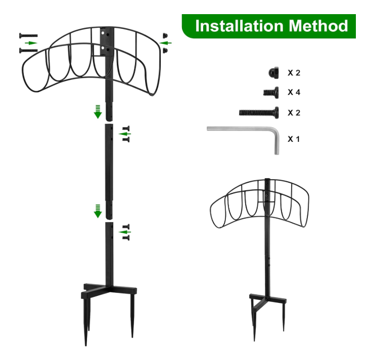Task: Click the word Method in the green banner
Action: click(x=318, y=26)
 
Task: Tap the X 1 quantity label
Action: click(x=294, y=139)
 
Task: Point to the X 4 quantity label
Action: click(x=294, y=92)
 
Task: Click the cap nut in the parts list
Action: click(x=273, y=72)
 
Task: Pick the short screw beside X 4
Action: click(x=271, y=92)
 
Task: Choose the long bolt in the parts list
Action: click(x=259, y=113)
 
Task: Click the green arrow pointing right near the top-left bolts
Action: click(x=31, y=43)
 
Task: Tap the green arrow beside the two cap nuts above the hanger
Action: click(x=165, y=43)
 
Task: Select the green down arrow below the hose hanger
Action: click(x=98, y=112)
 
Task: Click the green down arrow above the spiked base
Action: click(x=98, y=211)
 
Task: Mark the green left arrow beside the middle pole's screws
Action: click(x=125, y=134)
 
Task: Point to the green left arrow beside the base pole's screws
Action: click(x=125, y=232)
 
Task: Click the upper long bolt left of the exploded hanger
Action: click(x=28, y=35)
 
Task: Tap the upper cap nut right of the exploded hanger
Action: click(x=165, y=35)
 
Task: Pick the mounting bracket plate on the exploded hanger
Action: click(x=105, y=42)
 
